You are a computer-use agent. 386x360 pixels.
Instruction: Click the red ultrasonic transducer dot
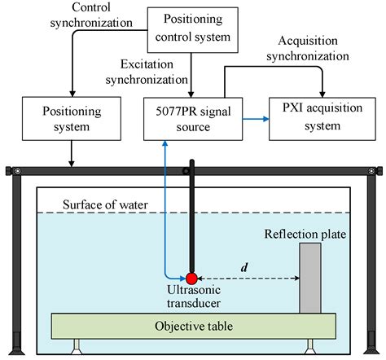[192, 278]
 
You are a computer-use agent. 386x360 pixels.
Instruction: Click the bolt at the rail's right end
[372, 170]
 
